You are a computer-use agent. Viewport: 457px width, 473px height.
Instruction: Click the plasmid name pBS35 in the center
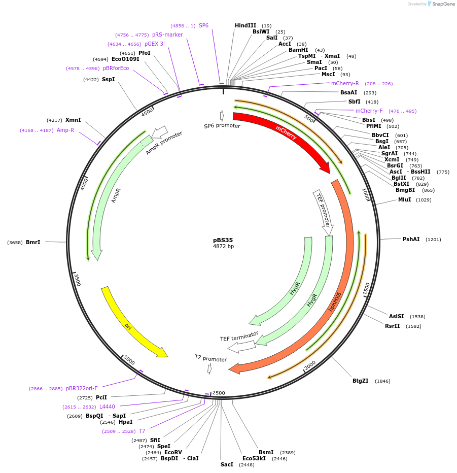223,240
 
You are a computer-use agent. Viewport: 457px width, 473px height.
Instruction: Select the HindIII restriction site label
245,25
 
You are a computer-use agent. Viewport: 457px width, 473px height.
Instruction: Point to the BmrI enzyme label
33,242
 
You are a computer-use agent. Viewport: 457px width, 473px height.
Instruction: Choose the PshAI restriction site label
411,239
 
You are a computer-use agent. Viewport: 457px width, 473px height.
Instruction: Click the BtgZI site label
361,381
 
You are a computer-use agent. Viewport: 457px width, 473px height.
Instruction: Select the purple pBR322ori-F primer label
82,388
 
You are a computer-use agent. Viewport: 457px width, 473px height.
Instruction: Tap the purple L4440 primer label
107,407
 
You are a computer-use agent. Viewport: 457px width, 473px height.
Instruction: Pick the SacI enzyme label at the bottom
227,464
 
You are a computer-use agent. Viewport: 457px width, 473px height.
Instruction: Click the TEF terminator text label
239,336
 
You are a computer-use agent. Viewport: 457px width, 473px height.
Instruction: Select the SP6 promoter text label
222,125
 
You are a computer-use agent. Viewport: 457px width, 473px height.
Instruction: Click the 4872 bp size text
223,247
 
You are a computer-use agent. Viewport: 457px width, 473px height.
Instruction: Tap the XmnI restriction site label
73,120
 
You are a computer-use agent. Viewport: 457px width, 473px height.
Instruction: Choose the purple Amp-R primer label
65,130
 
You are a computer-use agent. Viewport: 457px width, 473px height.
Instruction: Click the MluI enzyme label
404,200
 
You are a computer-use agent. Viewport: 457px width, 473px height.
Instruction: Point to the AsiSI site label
397,316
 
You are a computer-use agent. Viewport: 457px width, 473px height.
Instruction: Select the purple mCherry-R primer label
345,83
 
